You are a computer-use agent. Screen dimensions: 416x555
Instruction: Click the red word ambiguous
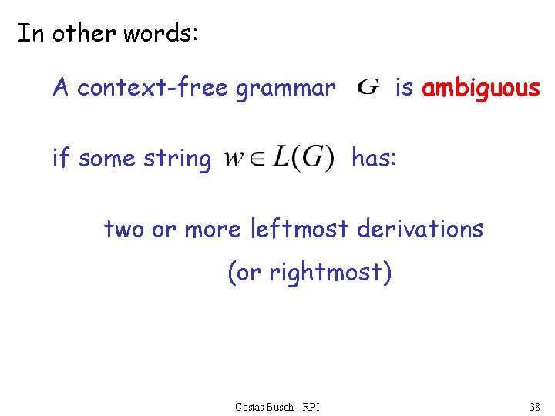click(x=481, y=89)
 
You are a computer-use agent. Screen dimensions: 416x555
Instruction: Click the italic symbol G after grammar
click(x=368, y=87)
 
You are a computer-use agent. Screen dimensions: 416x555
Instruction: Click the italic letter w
click(x=234, y=159)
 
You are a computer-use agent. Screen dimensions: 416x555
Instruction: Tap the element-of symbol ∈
click(x=254, y=159)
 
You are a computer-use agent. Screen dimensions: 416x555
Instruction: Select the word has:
click(x=374, y=158)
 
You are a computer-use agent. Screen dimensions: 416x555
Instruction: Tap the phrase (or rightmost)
click(x=310, y=273)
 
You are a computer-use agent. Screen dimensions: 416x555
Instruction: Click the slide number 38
click(x=534, y=406)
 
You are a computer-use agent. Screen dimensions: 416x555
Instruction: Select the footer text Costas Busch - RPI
click(x=277, y=406)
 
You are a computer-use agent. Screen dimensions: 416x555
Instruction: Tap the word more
click(x=213, y=229)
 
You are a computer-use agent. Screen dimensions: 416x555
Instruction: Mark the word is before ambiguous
click(x=404, y=88)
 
